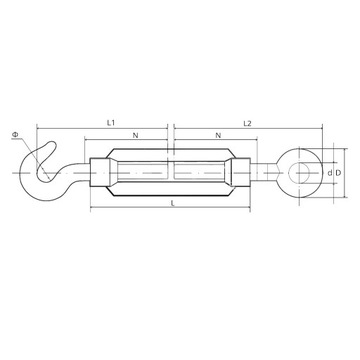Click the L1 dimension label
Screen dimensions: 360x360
111,123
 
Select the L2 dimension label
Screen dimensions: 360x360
247,123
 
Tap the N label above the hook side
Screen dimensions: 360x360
135,135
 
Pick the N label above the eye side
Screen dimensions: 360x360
218,135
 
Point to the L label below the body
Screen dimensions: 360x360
173,203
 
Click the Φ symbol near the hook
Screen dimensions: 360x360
15,134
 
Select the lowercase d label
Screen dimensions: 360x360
330,173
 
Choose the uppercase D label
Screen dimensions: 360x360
338,173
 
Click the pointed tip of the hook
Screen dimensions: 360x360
52,143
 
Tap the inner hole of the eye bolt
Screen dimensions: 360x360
299,173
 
